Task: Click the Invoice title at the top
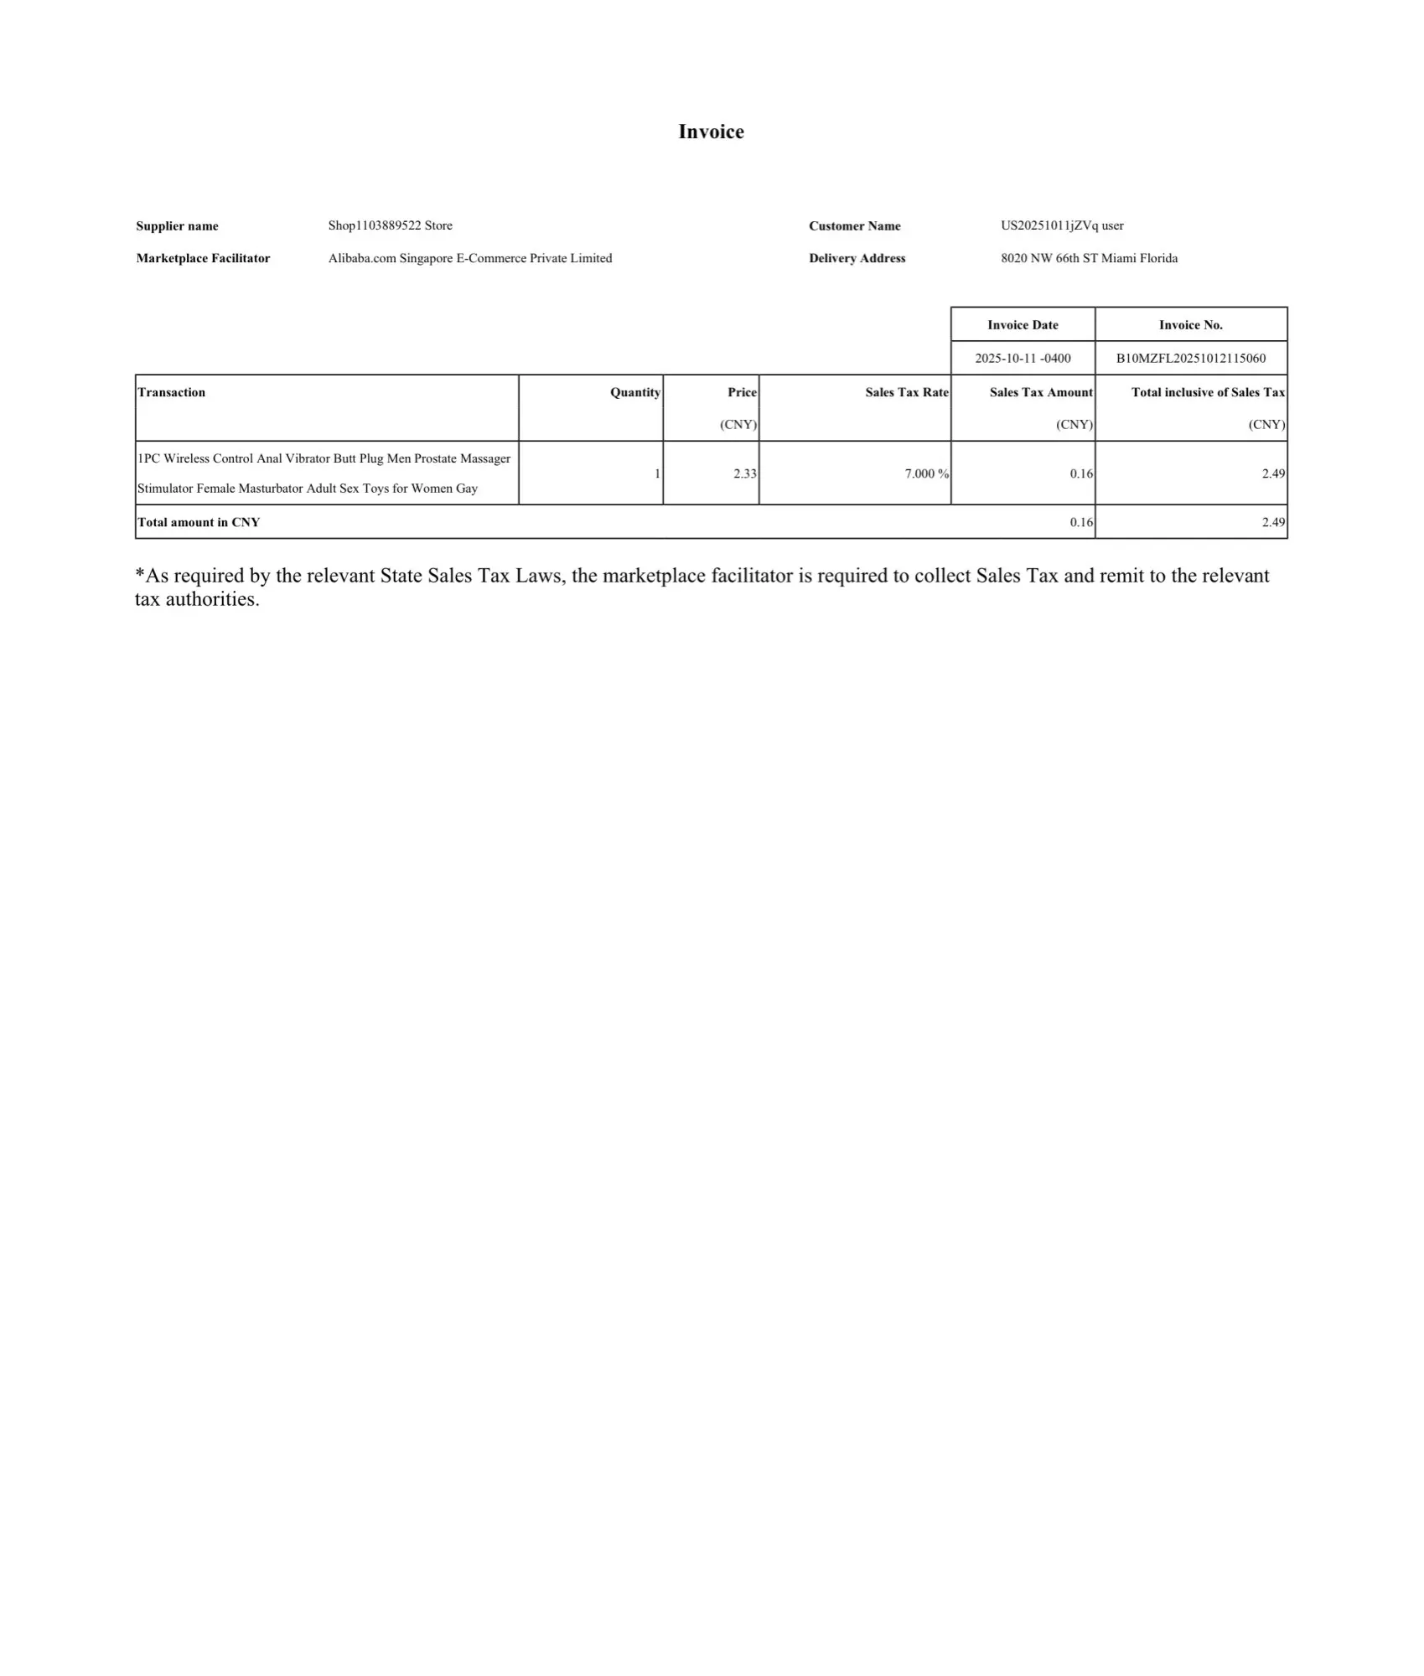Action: pyautogui.click(x=711, y=132)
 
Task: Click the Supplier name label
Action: pyautogui.click(x=177, y=226)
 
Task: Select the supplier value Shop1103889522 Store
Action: pyautogui.click(x=390, y=225)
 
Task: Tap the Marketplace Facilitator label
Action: pyautogui.click(x=203, y=258)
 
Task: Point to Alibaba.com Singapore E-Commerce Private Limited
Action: pyautogui.click(x=469, y=258)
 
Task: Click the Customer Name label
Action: pyautogui.click(x=854, y=226)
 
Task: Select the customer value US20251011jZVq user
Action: pyautogui.click(x=1061, y=225)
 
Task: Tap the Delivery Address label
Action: pyautogui.click(x=857, y=258)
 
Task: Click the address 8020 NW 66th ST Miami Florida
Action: pyautogui.click(x=1089, y=258)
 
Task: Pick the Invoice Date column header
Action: pyautogui.click(x=1023, y=325)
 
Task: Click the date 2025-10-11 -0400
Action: pyautogui.click(x=1023, y=359)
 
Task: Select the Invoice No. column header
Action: pyautogui.click(x=1190, y=325)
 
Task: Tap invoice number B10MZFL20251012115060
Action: pyautogui.click(x=1190, y=359)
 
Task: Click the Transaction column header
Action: pyautogui.click(x=171, y=392)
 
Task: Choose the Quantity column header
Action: pyautogui.click(x=634, y=392)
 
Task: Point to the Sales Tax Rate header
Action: pyautogui.click(x=906, y=392)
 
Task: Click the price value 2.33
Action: pyautogui.click(x=744, y=473)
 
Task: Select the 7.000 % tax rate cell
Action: pyautogui.click(x=926, y=473)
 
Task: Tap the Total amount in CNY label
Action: pyautogui.click(x=199, y=522)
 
